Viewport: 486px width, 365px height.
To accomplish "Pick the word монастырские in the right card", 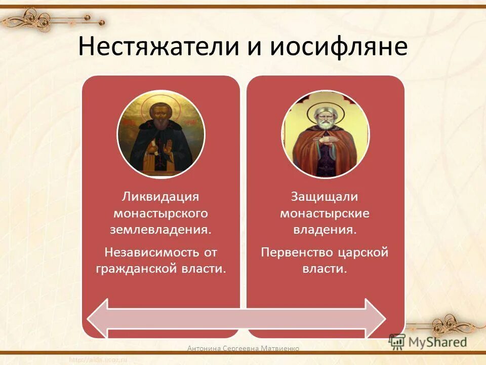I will click(325, 213).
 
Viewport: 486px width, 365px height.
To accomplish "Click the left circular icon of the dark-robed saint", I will click(161, 134).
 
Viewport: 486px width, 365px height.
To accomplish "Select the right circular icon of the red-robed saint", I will click(325, 134).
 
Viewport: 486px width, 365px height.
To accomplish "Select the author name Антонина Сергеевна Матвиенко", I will click(243, 348).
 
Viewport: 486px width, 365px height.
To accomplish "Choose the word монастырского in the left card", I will click(160, 213).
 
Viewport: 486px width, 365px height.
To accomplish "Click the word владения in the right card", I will click(325, 229).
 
